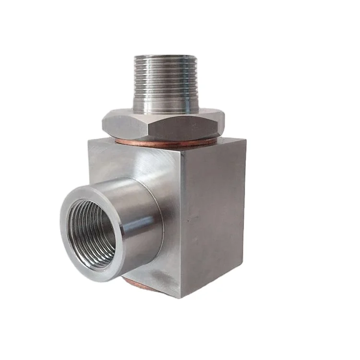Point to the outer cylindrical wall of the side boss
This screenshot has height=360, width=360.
tap(139, 216)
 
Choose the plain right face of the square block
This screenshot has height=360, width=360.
tap(214, 216)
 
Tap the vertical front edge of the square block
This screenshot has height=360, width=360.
tap(181, 226)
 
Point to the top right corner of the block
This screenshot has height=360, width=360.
tap(245, 139)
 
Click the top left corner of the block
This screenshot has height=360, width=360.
tap(89, 140)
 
